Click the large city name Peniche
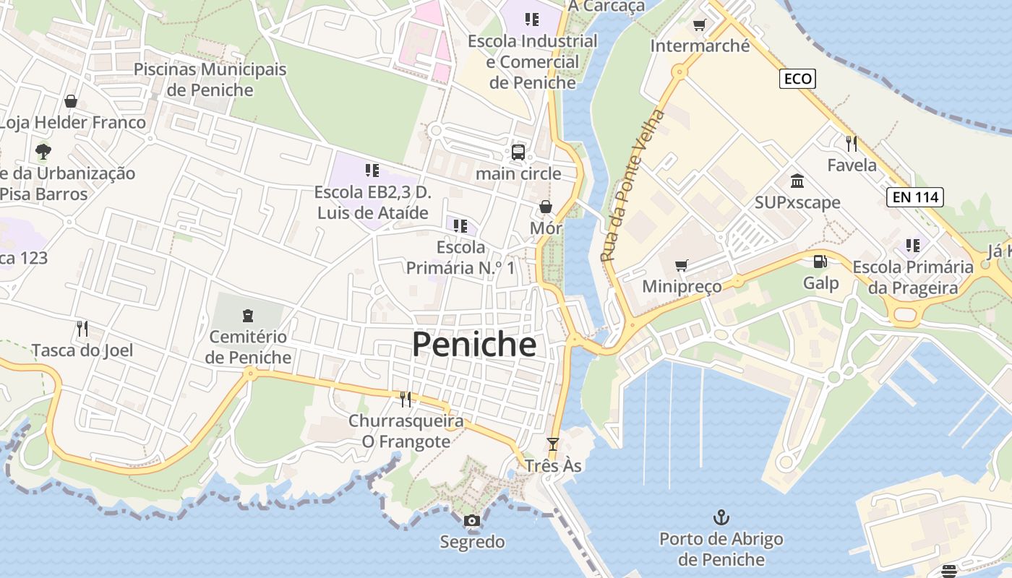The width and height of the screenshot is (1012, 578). point(474,345)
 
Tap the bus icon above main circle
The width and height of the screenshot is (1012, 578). point(518,152)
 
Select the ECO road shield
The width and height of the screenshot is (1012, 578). point(797,79)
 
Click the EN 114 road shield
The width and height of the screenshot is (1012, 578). point(914,197)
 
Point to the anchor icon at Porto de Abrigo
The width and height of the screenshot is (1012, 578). point(721,517)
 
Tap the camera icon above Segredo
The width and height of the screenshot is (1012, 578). point(471,520)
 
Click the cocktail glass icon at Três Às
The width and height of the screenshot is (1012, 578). point(553,444)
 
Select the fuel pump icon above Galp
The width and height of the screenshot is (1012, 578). point(820,262)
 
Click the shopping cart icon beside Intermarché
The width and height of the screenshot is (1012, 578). point(699,26)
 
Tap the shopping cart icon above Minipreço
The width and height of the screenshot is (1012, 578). point(681,265)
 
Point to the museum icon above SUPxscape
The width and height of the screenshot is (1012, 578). point(797,181)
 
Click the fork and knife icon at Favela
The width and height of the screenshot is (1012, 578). point(851,143)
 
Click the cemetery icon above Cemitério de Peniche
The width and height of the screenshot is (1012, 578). point(248,316)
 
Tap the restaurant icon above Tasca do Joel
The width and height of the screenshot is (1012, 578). point(82,329)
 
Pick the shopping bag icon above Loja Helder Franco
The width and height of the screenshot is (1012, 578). point(71,101)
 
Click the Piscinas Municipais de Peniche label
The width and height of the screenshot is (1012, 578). point(210,79)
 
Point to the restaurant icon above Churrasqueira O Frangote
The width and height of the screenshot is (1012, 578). point(406,399)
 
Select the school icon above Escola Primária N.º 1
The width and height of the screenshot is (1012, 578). point(460,226)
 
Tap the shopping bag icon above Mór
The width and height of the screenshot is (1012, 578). point(546,207)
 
